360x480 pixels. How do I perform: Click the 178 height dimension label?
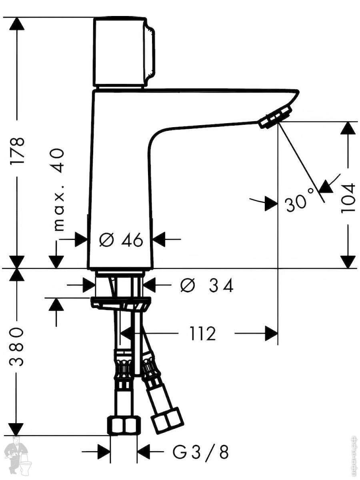(17, 151)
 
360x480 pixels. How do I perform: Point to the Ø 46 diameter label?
(121, 240)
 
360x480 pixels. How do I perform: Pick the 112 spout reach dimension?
(203, 334)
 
